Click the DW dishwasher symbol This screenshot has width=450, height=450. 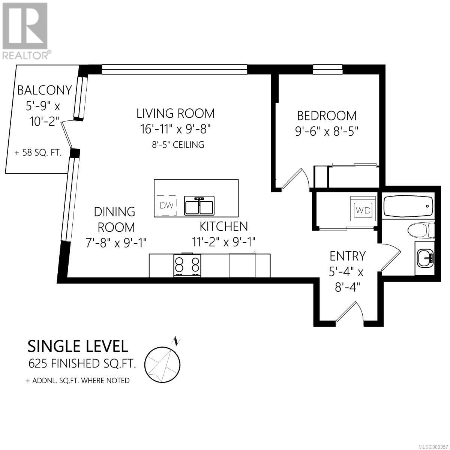coord(167,205)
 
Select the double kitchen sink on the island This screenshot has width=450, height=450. coord(199,205)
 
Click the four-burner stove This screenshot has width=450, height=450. coord(187,265)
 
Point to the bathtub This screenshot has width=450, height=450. coord(408,206)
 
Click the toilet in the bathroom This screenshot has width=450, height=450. coord(421,230)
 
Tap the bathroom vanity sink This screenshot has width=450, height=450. coord(425,258)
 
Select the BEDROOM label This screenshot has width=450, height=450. coord(327,116)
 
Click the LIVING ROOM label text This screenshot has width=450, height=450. coord(175,114)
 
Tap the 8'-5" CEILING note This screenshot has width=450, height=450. coord(178,145)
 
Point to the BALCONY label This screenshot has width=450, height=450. coord(44,90)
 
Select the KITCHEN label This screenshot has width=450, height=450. coord(224,226)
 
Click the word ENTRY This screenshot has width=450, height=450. coord(348,256)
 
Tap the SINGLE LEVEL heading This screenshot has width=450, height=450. coord(78,346)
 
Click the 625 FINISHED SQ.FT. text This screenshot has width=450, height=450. coord(82,363)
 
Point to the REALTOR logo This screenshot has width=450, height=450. coord(25,31)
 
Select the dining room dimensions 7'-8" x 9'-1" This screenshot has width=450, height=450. coord(116,243)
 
